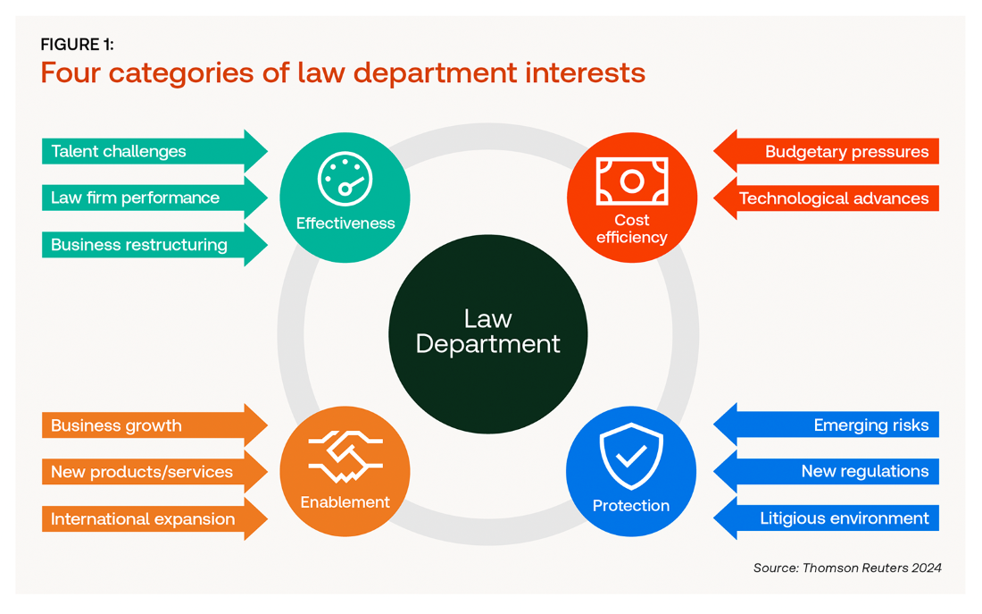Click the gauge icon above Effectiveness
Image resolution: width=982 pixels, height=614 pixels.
[345, 180]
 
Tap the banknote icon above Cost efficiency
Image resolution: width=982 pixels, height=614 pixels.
[632, 181]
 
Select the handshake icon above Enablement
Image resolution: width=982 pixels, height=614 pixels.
[345, 457]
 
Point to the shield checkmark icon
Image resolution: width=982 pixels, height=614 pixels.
[631, 457]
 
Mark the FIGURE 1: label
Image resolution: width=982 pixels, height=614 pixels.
[77, 45]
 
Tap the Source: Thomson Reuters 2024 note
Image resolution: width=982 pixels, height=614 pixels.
[847, 568]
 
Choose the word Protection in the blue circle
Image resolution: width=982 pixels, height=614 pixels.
[631, 506]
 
